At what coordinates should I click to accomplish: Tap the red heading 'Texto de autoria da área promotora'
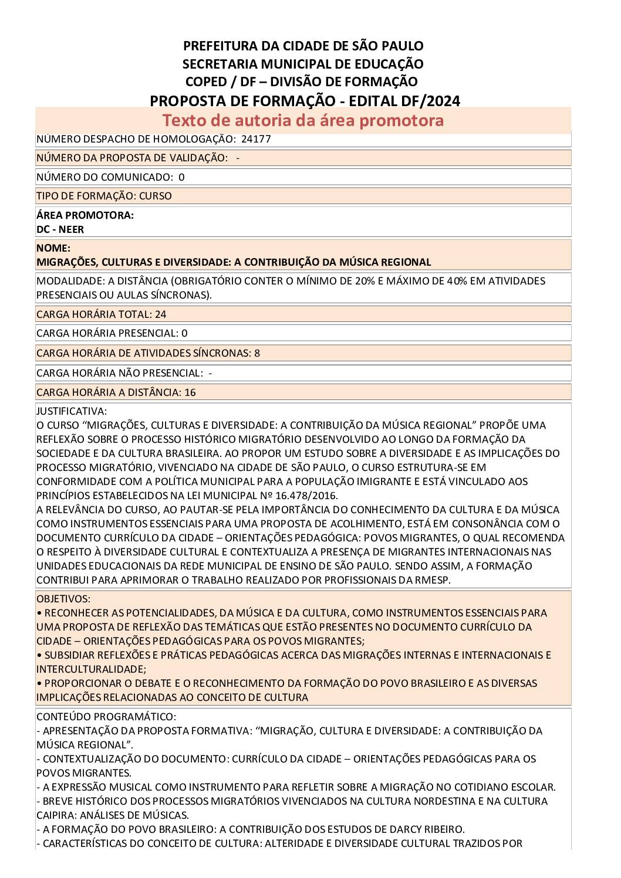tap(303, 120)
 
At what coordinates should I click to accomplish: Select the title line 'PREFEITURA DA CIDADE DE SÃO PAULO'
tap(303, 46)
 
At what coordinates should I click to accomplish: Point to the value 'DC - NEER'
tap(60, 229)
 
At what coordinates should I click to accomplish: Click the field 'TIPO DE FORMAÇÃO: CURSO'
tap(104, 196)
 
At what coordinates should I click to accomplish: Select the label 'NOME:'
tap(53, 248)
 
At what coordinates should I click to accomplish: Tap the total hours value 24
tap(160, 314)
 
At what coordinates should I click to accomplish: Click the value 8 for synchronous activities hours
tap(257, 353)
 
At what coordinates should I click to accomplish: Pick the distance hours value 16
tap(190, 392)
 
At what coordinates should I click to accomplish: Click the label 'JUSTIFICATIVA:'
tap(72, 411)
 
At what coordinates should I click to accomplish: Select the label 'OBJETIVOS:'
tap(63, 599)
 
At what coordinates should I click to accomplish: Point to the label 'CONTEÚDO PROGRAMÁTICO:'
tap(106, 717)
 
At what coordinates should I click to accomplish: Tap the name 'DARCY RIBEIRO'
tap(427, 829)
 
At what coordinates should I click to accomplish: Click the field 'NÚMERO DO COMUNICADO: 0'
tap(110, 177)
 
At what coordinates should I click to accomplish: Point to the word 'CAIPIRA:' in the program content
tap(56, 815)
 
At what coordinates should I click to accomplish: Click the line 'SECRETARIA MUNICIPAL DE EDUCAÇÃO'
tap(303, 64)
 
